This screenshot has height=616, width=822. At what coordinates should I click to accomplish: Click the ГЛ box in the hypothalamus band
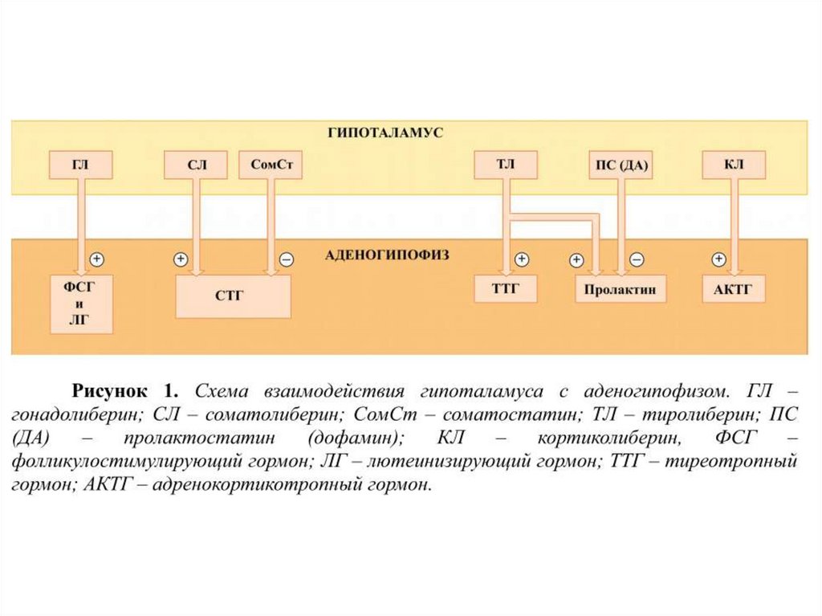80,165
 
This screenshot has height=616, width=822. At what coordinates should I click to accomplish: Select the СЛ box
197,165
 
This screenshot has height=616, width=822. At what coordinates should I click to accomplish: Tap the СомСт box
270,165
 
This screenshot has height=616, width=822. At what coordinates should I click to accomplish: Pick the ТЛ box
505,165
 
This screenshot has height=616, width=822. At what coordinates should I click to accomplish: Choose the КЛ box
733,165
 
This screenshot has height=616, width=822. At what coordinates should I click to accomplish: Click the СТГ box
233,295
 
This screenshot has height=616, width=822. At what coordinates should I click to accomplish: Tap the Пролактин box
621,288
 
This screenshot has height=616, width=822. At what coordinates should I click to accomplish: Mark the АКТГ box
733,288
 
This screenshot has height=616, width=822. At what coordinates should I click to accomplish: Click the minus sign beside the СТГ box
286,260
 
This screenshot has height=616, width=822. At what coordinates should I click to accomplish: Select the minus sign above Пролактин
636,259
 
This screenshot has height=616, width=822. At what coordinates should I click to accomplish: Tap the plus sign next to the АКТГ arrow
718,259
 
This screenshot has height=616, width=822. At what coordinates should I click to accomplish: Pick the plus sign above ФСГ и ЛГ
96,259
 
